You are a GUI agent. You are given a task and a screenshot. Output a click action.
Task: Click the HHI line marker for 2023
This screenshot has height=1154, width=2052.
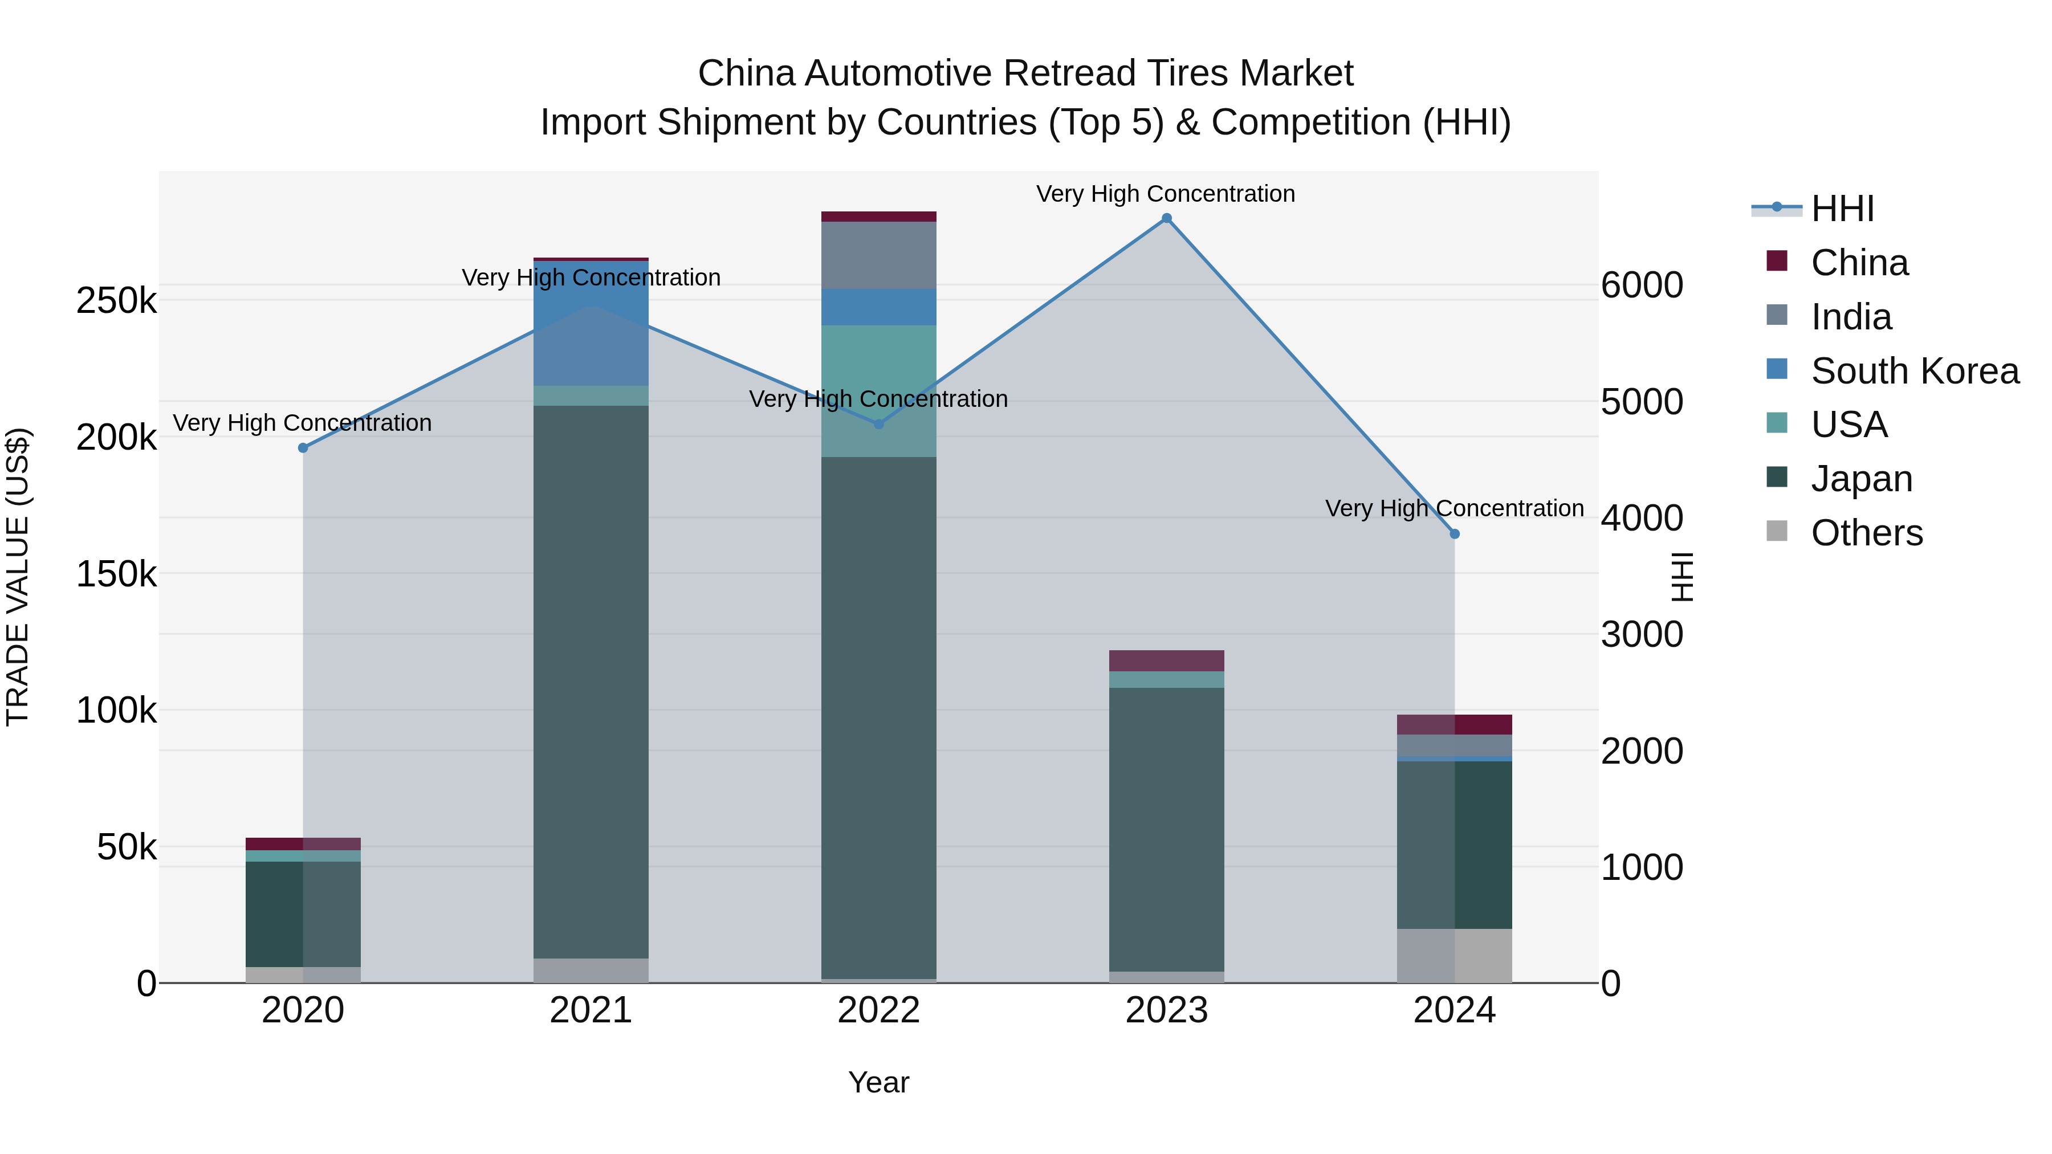1166,218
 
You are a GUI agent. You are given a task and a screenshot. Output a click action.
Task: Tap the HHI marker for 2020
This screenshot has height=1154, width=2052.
303,447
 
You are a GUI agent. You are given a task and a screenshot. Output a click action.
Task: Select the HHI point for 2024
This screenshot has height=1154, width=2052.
1455,533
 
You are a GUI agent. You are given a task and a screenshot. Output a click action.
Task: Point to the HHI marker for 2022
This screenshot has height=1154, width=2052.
878,423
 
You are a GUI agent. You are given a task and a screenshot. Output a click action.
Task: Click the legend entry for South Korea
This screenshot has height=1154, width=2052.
1914,371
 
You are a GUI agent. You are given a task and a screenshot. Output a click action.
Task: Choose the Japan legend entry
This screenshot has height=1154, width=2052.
1861,479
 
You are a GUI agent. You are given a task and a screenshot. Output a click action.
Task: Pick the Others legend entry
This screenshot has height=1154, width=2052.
1866,533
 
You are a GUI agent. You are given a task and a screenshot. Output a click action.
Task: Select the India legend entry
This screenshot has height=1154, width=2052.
1850,317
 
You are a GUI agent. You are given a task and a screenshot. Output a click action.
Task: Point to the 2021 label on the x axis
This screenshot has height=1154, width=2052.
591,1010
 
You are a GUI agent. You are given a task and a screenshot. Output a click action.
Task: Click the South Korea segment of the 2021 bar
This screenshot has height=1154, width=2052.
591,323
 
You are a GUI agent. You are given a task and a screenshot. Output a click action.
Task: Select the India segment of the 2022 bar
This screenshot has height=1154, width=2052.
878,255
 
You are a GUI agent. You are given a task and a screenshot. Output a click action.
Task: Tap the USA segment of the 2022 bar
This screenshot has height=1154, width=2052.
878,390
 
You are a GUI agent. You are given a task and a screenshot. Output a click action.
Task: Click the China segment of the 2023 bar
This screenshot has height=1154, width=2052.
1166,660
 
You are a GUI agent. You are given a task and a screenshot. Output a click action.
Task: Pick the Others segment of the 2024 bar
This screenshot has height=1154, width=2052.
1455,956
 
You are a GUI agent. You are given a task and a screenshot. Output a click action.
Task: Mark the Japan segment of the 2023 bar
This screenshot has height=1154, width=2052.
1166,828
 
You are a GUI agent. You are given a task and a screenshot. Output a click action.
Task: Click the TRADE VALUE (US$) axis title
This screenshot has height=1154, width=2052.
18,577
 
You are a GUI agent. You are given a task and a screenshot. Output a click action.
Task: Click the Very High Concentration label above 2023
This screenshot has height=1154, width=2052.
1166,194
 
